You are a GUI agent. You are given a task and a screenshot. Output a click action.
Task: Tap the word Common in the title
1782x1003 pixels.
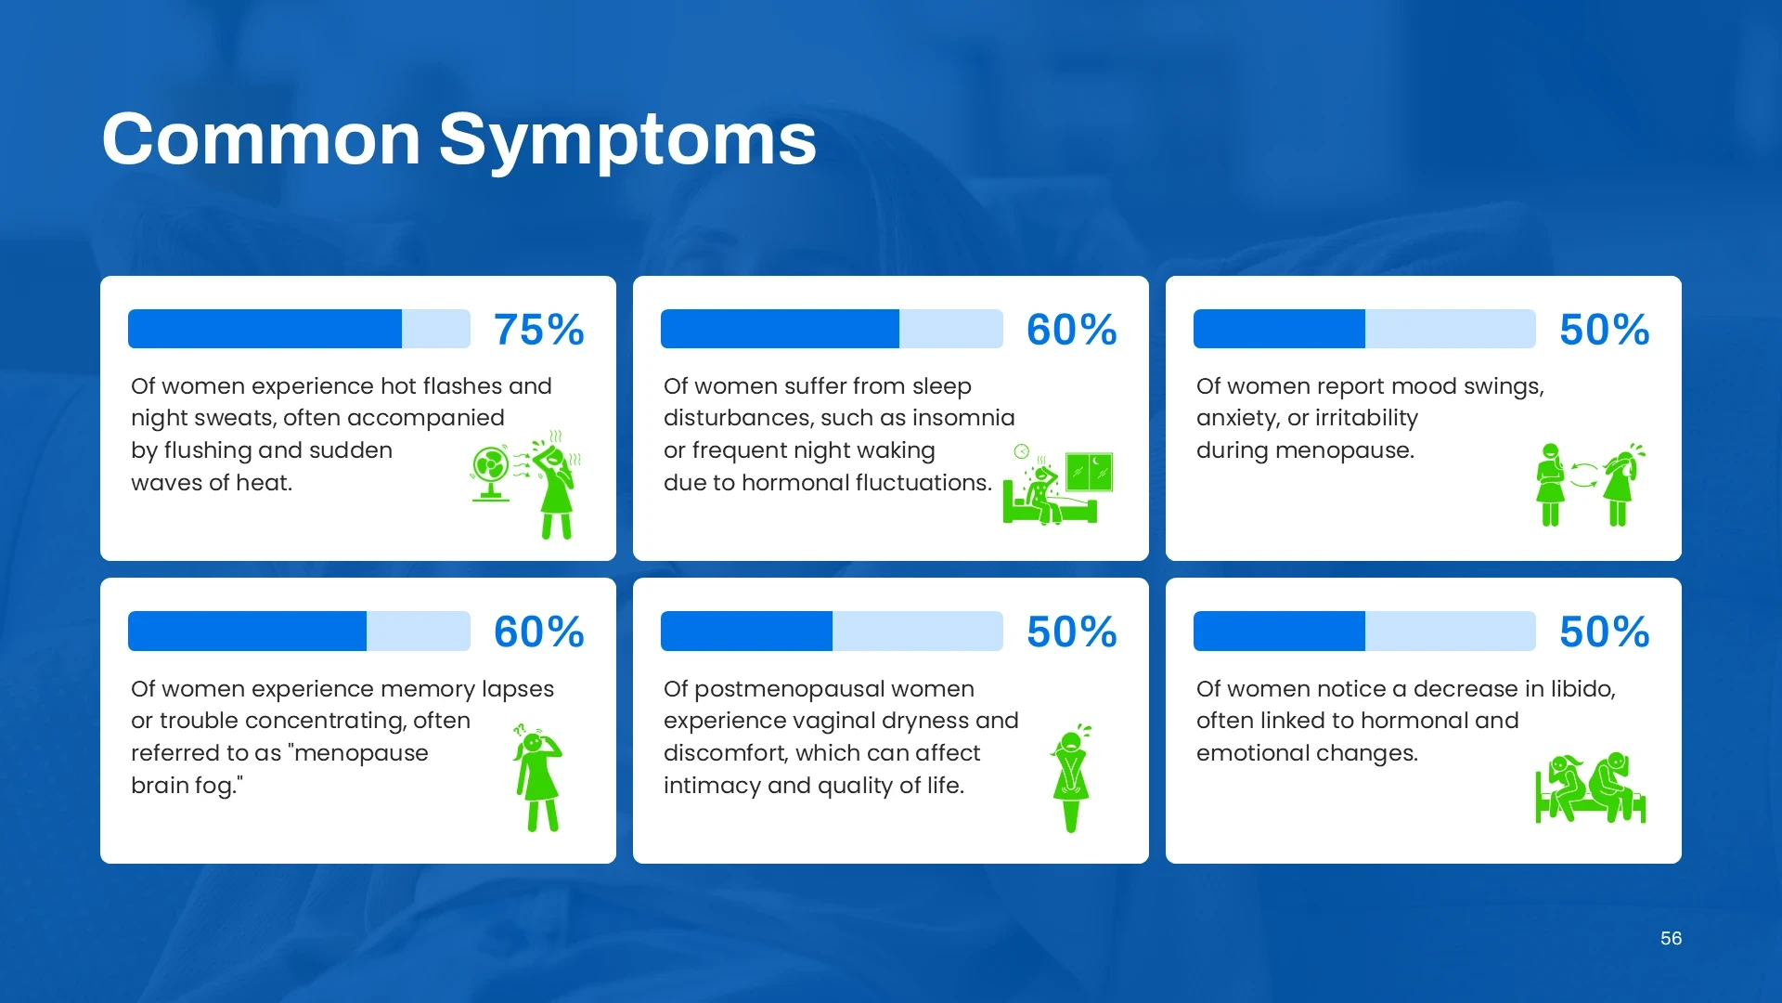(262, 139)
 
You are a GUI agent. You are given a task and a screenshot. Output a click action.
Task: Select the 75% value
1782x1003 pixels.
(539, 330)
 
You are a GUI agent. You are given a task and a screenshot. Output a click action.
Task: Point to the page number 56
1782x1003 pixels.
(1671, 938)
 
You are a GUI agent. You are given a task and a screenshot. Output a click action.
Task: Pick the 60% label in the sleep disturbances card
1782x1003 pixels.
(1072, 330)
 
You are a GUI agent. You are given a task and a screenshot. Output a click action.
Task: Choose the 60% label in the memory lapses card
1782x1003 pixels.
(539, 632)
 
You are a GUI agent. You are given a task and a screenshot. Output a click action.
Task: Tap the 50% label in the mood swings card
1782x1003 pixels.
(1605, 330)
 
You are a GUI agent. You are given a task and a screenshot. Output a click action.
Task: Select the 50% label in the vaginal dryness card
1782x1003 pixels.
(1072, 632)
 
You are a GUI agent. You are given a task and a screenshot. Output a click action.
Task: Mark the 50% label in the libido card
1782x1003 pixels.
(1605, 632)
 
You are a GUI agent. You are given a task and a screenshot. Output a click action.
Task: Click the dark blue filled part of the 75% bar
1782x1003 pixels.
(265, 329)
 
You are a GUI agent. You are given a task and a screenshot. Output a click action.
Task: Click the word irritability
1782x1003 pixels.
(1365, 419)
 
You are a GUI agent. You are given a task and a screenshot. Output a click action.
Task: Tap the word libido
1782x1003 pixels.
(1582, 688)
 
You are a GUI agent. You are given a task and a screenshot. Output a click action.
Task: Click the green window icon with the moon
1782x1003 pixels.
(1089, 472)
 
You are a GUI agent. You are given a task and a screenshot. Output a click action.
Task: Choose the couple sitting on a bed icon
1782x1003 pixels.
(1591, 788)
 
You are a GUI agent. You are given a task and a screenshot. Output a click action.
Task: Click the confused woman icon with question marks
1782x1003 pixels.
(537, 777)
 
